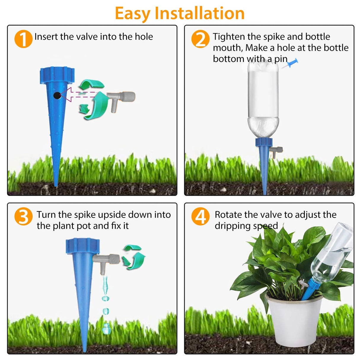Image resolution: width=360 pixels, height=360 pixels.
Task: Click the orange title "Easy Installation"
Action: click(180, 14)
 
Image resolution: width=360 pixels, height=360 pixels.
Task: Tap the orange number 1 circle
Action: click(23, 39)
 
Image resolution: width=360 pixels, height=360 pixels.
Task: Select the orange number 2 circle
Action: click(200, 39)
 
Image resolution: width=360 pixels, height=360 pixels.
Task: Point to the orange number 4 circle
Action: click(200, 216)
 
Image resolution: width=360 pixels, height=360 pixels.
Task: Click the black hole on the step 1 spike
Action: click(57, 95)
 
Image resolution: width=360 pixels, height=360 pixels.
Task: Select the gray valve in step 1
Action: click(121, 99)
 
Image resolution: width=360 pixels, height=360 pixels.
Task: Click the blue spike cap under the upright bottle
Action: click(264, 142)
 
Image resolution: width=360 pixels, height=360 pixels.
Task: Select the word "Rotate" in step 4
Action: click(228, 215)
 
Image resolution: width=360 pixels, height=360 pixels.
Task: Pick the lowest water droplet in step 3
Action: click(106, 329)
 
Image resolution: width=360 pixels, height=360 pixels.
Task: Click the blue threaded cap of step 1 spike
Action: click(57, 74)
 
